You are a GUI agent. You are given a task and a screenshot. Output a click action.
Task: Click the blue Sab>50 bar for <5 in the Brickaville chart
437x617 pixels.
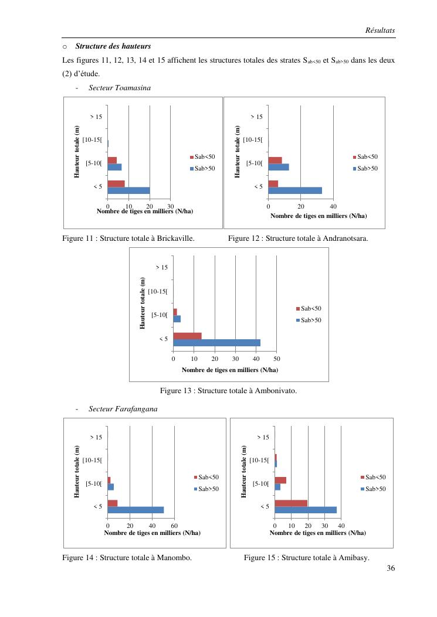point(128,190)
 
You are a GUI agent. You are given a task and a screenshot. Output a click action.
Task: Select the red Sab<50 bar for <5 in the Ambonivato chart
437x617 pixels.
point(187,336)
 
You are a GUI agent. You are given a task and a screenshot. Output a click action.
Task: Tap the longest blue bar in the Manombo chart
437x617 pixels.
point(135,510)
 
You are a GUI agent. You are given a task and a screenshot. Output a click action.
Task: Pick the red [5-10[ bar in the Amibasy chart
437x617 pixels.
point(280,480)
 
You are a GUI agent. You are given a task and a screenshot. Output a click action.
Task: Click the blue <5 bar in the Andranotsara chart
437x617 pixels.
point(295,190)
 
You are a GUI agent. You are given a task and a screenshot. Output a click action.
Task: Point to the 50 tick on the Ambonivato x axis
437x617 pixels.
point(277,359)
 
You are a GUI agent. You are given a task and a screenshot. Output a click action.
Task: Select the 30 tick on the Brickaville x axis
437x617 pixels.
point(170,206)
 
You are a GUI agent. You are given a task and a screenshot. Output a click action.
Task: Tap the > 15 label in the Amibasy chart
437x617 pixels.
point(263,437)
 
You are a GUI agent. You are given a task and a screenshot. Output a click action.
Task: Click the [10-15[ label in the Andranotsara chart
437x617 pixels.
point(253,139)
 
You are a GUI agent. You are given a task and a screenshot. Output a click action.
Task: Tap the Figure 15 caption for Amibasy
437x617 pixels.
point(306,558)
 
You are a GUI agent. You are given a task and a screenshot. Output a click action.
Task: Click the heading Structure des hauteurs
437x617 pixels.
point(113,46)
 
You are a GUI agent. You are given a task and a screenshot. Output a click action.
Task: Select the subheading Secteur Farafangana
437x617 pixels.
point(123,408)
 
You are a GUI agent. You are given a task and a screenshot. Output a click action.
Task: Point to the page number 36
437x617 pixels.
point(391,568)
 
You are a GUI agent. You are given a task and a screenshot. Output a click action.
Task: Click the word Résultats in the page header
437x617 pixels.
point(380,29)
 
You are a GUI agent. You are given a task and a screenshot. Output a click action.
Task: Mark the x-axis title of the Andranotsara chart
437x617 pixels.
point(319,216)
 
